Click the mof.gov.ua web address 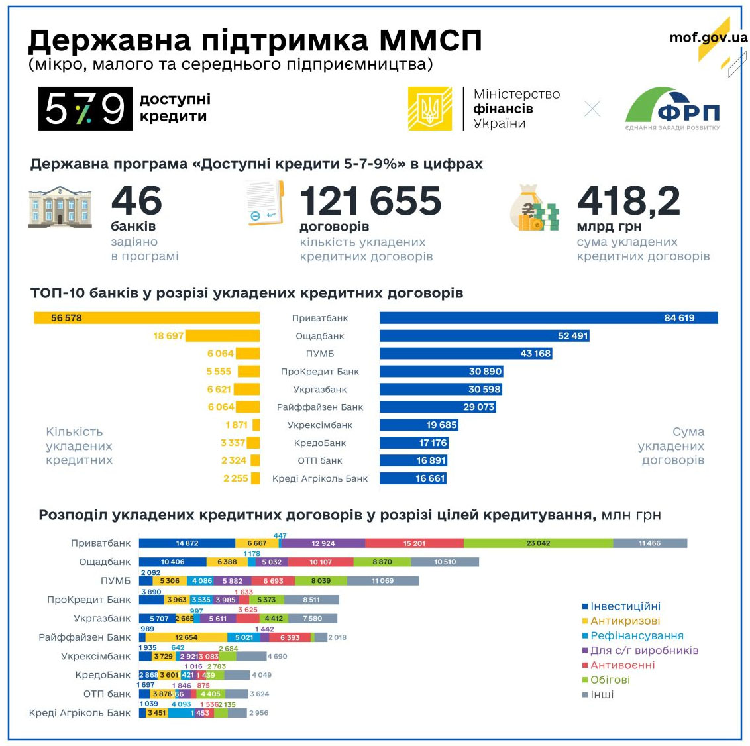click(708, 37)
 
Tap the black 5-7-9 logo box click(85, 108)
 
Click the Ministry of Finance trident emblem click(429, 109)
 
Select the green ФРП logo click(672, 109)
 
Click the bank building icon click(60, 207)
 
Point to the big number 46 click(136, 201)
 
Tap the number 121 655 click(370, 201)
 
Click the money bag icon click(535, 208)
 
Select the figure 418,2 click(628, 201)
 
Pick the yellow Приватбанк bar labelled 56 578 click(146, 318)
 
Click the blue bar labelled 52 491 click(484, 336)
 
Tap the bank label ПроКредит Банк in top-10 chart click(319, 372)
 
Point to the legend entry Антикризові click(625, 621)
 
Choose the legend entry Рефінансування click(636, 635)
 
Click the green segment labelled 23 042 click(538, 543)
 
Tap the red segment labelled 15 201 click(414, 543)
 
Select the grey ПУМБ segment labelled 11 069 click(382, 581)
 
